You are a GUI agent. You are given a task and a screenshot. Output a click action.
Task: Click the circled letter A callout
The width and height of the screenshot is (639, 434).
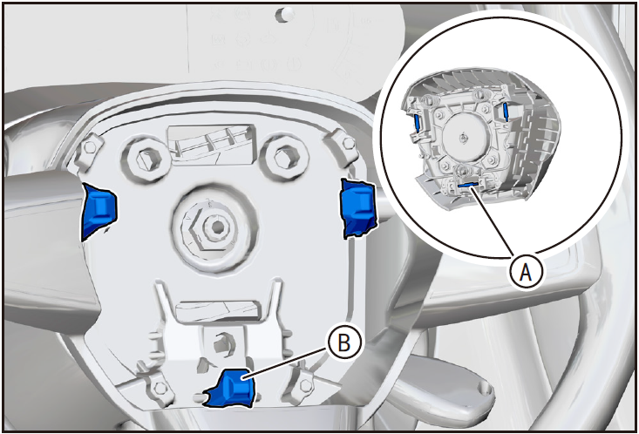527,271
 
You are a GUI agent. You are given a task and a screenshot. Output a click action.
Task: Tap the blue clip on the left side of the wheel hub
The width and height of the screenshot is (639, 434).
99,212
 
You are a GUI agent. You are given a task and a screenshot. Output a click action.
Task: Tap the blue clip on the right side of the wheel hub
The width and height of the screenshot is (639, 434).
357,208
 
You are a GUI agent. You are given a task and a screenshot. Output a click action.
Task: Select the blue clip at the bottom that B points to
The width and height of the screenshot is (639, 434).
233,387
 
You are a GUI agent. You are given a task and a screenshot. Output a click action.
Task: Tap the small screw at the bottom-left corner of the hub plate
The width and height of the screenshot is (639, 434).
160,386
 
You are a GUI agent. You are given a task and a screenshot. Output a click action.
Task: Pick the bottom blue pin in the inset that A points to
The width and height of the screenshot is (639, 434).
466,185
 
